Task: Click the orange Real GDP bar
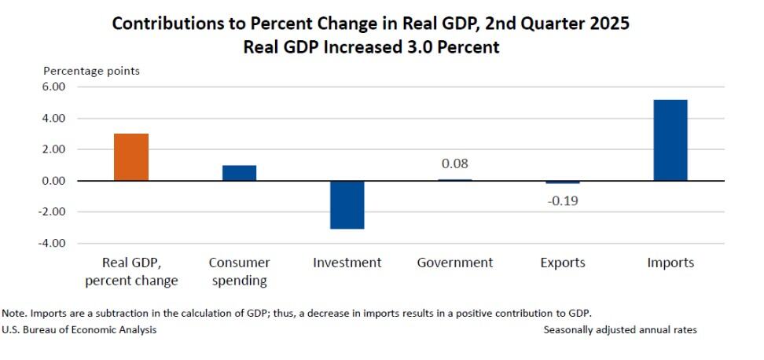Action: (131, 157)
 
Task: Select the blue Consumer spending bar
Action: (239, 173)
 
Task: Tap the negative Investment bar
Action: (347, 204)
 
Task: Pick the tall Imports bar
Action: (670, 141)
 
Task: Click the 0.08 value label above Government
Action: (455, 164)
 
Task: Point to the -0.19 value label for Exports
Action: (563, 200)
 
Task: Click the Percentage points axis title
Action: (91, 71)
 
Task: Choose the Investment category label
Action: (347, 263)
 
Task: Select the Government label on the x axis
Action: (455, 263)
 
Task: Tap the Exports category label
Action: (563, 263)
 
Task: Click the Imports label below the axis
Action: (670, 263)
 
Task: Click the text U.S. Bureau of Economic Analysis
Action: (79, 330)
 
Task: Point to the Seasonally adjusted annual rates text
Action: (620, 330)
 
